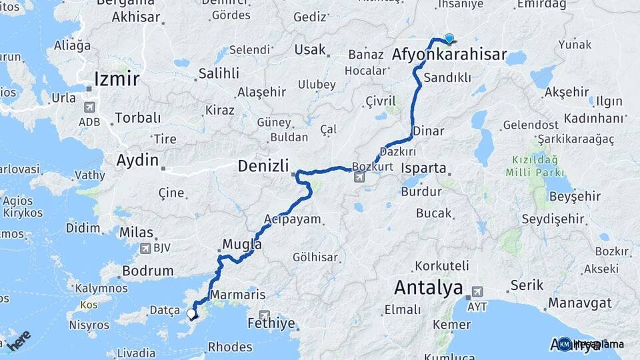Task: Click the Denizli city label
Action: (263, 166)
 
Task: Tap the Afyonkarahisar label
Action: (450, 55)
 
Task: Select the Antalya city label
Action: (428, 288)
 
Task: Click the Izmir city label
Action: (117, 79)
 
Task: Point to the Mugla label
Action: (242, 245)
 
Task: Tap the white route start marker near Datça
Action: (191, 313)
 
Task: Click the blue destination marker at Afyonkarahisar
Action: (449, 39)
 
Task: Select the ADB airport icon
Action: (89, 107)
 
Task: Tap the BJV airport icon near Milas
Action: (145, 249)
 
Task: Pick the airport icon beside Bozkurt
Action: (360, 177)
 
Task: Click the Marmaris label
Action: (237, 295)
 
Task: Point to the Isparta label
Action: (423, 169)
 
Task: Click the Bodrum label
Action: (148, 271)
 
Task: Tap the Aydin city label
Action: (137, 161)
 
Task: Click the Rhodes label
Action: (230, 347)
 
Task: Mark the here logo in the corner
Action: (19, 339)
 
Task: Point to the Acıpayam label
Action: (293, 219)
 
